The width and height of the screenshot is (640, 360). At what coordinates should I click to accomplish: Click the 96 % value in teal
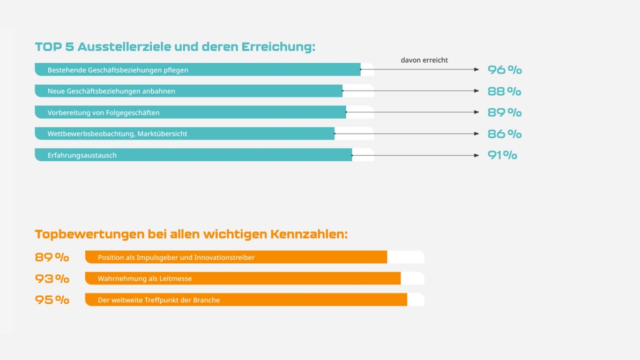pos(504,70)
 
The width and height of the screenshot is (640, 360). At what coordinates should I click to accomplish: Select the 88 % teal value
pos(504,92)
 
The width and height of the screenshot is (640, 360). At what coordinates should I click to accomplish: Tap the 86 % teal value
pos(504,134)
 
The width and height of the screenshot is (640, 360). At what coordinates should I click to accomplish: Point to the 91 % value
pos(502,155)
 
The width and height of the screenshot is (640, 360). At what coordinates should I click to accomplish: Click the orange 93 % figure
pos(52,279)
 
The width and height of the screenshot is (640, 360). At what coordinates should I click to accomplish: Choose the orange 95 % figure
pos(52,300)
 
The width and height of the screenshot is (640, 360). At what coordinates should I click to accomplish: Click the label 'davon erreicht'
pos(424,60)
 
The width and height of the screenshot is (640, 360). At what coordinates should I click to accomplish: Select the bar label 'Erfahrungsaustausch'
pos(82,155)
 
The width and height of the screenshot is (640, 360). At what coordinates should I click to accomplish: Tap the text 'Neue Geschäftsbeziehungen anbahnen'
pos(111,91)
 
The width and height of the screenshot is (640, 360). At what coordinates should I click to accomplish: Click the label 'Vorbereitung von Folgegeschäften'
pos(103,112)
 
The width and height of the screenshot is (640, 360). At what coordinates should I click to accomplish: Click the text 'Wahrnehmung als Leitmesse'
pos(145,279)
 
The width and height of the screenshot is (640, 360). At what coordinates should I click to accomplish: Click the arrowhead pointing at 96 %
pos(477,70)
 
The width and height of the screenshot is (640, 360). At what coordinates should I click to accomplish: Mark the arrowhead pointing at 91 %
pos(477,155)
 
